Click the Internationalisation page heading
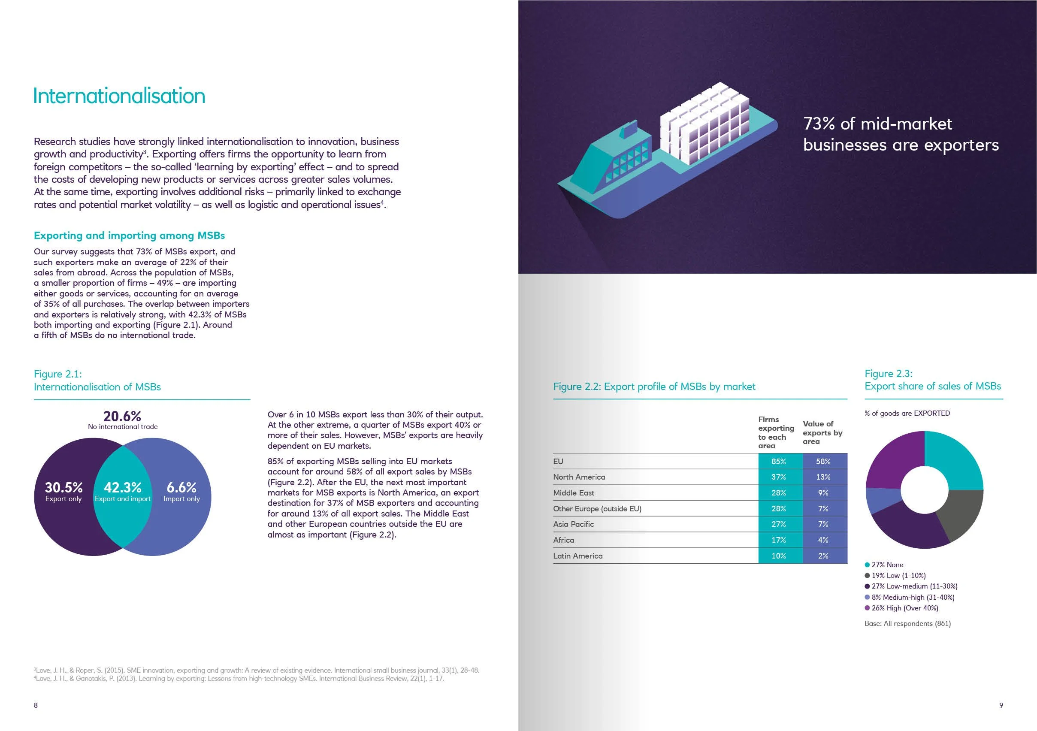(119, 96)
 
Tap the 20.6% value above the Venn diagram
(122, 416)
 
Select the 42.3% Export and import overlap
(122, 491)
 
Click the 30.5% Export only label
(63, 491)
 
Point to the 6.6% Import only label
(181, 491)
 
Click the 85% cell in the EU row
(779, 462)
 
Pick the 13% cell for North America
(823, 477)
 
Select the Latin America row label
(577, 556)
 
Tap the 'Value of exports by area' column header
(822, 432)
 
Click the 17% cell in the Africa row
(779, 540)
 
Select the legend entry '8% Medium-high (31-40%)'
(912, 597)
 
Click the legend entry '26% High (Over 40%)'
(904, 608)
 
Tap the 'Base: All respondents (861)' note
(907, 624)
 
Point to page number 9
(1001, 705)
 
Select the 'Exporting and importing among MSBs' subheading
(129, 236)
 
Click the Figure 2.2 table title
(654, 387)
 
